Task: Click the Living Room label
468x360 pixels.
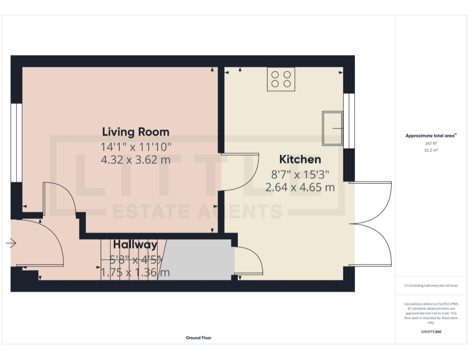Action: pyautogui.click(x=136, y=132)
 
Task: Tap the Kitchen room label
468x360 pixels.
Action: pyautogui.click(x=300, y=159)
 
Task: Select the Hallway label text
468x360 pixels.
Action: pyautogui.click(x=135, y=245)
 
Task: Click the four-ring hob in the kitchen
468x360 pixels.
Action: pyautogui.click(x=281, y=79)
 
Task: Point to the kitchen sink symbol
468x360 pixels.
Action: pyautogui.click(x=332, y=128)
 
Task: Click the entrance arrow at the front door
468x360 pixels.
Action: pyautogui.click(x=11, y=244)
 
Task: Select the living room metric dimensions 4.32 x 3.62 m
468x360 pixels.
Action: pyautogui.click(x=136, y=160)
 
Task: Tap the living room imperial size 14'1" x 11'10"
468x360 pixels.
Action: pyautogui.click(x=136, y=146)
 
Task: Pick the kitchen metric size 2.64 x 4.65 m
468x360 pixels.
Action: pyautogui.click(x=300, y=188)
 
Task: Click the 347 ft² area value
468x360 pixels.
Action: pyautogui.click(x=431, y=143)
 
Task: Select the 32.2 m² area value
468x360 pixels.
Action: pyautogui.click(x=431, y=150)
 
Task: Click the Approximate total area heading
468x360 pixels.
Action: pyautogui.click(x=430, y=136)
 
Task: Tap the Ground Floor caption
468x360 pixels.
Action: pyautogui.click(x=198, y=337)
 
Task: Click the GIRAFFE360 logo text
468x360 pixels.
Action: pyautogui.click(x=431, y=332)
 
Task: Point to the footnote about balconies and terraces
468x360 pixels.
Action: pyautogui.click(x=431, y=285)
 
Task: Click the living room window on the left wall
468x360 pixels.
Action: pyautogui.click(x=16, y=143)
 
